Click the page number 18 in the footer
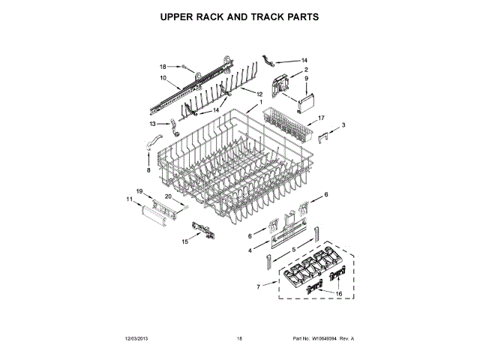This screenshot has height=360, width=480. (x=239, y=339)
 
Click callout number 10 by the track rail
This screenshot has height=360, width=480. (x=163, y=77)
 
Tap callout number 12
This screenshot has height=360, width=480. (x=259, y=94)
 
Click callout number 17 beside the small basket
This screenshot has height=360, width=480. (x=321, y=118)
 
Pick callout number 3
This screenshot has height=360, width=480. (x=343, y=124)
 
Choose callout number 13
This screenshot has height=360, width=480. (x=152, y=124)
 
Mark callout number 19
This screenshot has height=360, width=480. (x=139, y=191)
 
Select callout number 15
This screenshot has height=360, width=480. (x=185, y=241)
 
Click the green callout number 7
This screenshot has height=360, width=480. (x=258, y=286)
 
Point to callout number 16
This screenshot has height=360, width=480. (x=338, y=294)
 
